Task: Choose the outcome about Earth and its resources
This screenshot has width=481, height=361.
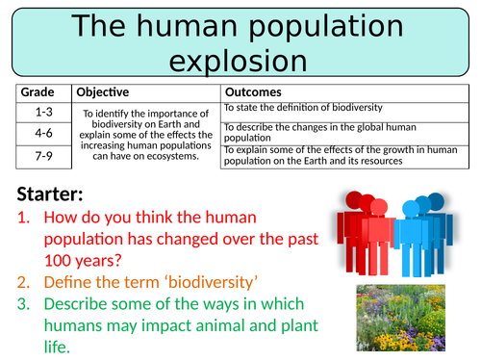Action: click(337, 154)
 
